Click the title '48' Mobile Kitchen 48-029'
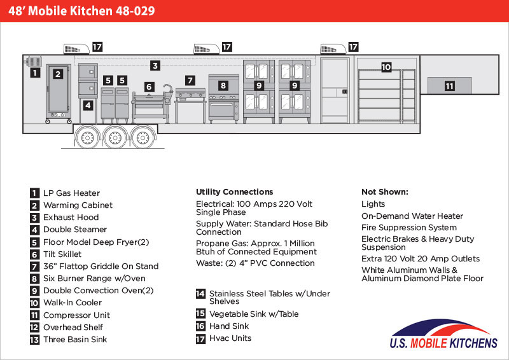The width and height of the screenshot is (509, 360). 81,11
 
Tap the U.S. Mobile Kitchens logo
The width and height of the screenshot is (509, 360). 443,334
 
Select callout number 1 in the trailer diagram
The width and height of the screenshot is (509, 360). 35,73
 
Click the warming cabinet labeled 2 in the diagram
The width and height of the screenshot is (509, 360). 59,92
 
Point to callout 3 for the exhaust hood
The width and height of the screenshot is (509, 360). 155,66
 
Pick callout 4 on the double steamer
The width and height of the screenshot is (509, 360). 88,105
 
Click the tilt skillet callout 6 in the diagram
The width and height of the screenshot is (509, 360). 149,87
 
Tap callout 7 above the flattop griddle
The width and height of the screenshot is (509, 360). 190,80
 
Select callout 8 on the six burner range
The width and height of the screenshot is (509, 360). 223,85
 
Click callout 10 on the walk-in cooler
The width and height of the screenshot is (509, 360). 386,67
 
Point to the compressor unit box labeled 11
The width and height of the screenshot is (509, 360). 449,85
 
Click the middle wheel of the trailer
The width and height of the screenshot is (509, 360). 115,137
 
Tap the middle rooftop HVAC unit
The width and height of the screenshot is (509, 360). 207,49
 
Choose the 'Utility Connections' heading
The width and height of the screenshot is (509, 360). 234,192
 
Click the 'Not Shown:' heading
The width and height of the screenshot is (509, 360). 385,192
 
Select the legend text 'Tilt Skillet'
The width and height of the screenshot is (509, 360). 62,254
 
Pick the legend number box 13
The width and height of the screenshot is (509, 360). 34,340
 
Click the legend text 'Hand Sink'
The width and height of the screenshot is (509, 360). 229,326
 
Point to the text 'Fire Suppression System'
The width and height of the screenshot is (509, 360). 409,228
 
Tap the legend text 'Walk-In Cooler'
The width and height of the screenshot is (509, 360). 73,303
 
